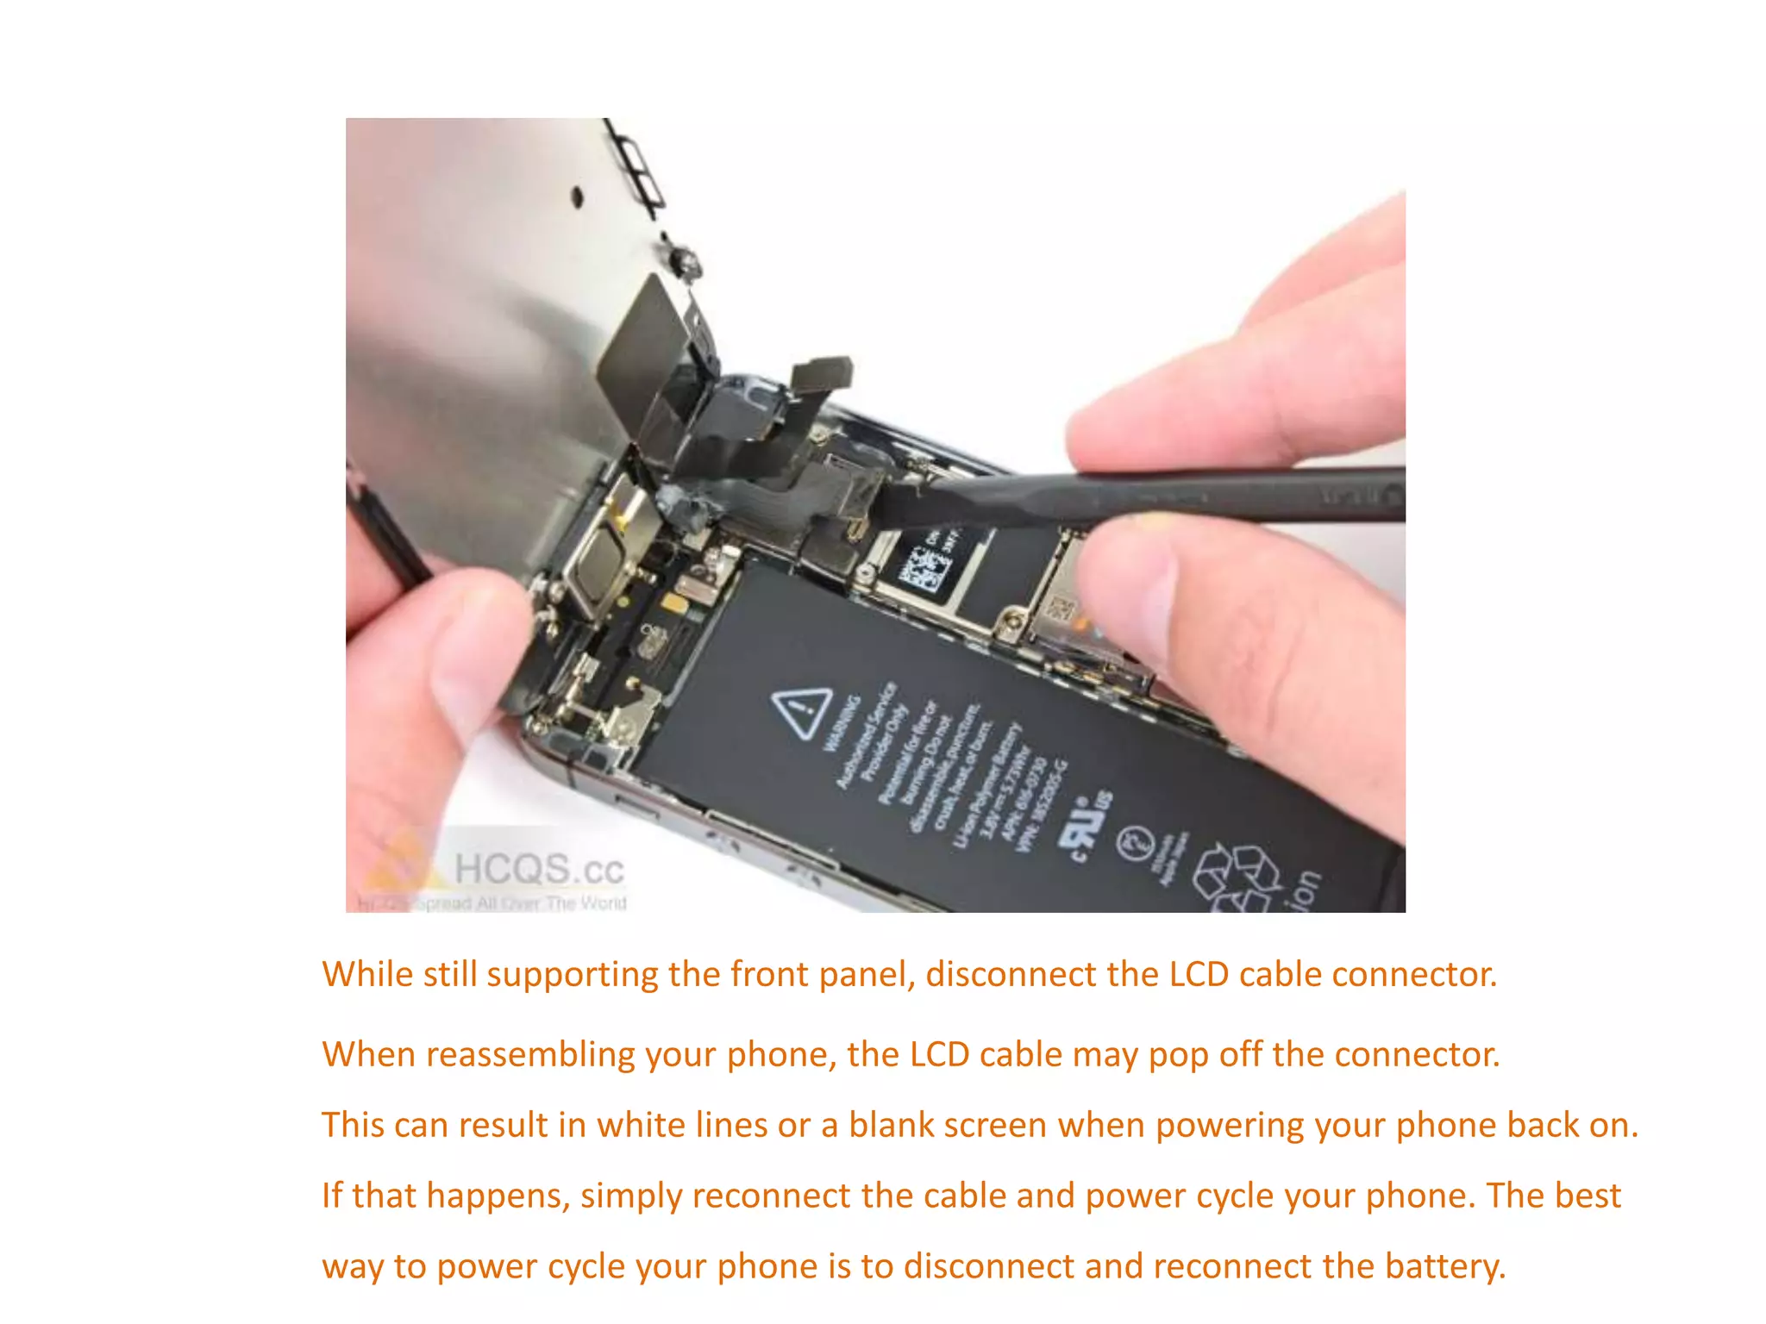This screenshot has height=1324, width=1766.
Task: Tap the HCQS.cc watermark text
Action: pos(538,868)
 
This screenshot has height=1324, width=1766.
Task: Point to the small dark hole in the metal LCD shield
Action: pos(578,197)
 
